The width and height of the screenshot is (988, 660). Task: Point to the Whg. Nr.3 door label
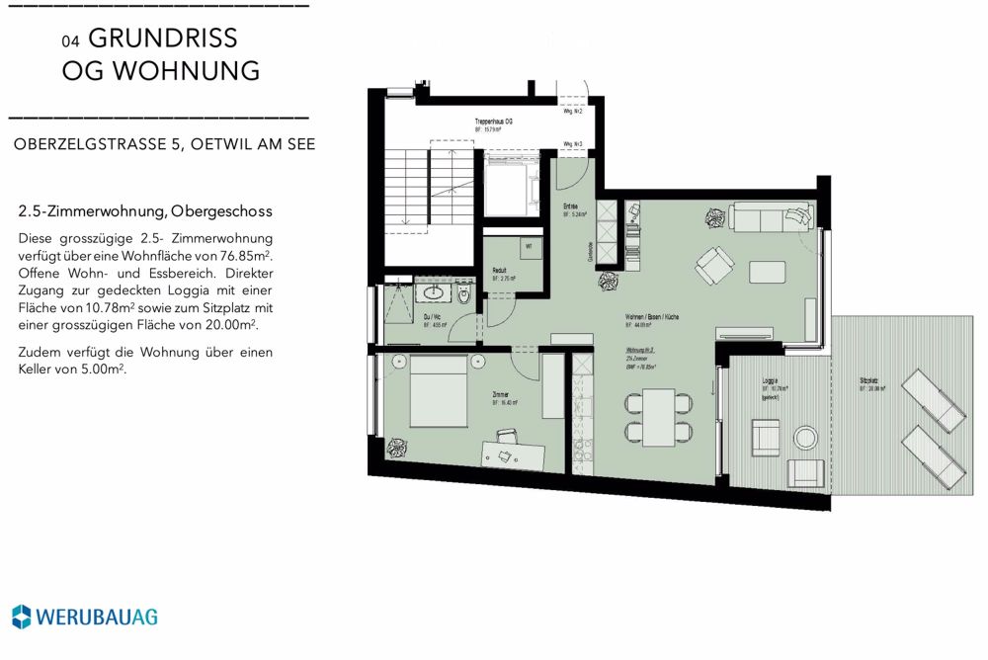point(572,144)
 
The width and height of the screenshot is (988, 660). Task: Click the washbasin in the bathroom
point(433,292)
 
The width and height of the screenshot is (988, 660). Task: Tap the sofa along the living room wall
point(768,214)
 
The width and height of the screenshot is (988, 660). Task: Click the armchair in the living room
point(713,264)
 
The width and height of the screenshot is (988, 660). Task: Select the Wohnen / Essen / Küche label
point(650,317)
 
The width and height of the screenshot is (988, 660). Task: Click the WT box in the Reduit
point(528,247)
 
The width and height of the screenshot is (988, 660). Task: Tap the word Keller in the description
point(38,370)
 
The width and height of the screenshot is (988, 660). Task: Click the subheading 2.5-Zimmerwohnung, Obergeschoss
point(144,211)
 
